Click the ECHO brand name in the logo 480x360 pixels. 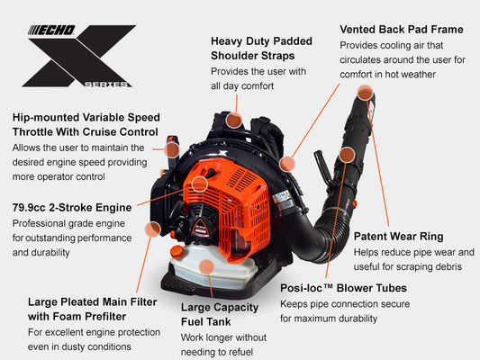51,31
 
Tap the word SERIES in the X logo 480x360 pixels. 106,84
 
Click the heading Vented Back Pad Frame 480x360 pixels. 402,30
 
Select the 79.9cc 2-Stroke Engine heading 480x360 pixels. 72,207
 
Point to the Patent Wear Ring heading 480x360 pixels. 399,237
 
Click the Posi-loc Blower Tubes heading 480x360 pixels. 343,288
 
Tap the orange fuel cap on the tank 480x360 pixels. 177,252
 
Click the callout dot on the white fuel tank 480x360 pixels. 206,267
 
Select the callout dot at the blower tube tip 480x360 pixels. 365,93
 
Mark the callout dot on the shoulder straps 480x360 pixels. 234,120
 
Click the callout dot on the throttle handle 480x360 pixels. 172,150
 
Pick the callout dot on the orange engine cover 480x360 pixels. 200,184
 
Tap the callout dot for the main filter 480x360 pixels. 153,229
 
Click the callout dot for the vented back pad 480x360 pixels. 287,163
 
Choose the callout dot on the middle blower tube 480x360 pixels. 347,155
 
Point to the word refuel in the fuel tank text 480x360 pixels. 240,352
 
